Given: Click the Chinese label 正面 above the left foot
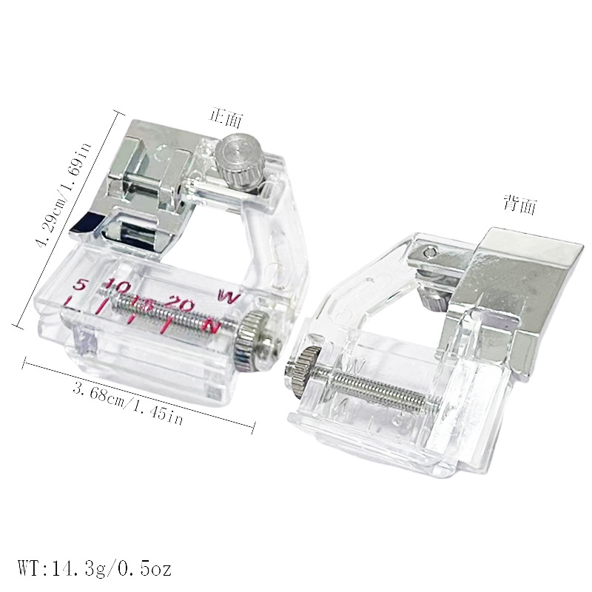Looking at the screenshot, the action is pos(226,118).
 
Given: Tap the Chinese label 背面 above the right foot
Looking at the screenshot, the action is pos(520,205).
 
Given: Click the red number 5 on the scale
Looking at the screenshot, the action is pos(79,284).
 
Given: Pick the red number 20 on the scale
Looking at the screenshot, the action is pos(181,302).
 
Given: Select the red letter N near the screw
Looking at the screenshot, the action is pos(211,326).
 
